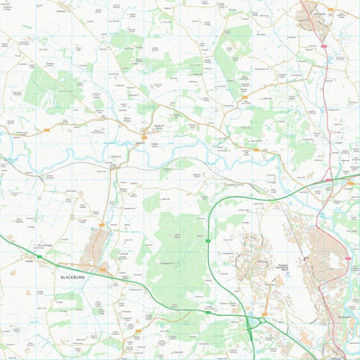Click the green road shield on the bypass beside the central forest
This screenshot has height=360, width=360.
click(x=208, y=241)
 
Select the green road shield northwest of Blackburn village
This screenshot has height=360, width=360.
click(x=39, y=256)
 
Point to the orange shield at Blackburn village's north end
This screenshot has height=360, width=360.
click(x=102, y=224)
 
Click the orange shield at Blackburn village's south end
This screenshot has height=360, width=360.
click(x=103, y=267)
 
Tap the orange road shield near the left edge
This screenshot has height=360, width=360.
click(x=43, y=132)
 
